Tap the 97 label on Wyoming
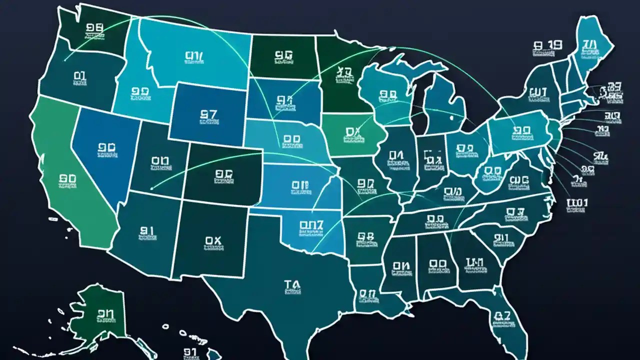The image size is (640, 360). point(207,114)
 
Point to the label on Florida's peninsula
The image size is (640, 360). point(501,315)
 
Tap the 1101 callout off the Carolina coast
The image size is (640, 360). point(577,202)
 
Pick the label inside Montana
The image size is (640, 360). point(194,56)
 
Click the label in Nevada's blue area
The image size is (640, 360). point(104,147)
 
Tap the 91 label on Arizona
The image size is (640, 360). point(146,230)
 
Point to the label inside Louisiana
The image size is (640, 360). point(366,294)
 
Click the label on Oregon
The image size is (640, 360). point(80,76)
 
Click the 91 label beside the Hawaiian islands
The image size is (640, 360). point(189,351)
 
